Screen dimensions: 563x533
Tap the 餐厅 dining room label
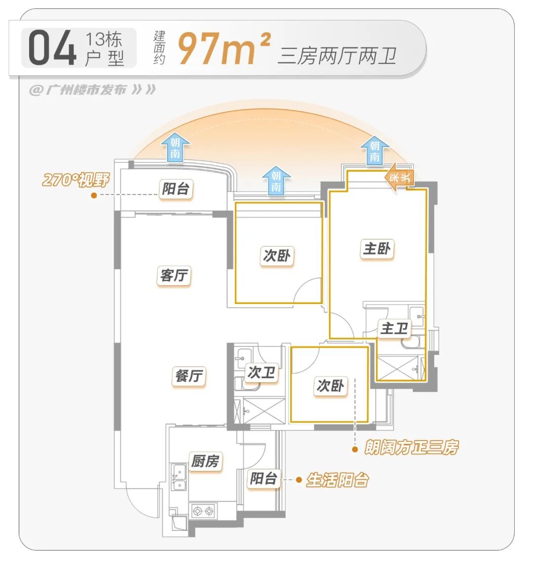click(189, 376)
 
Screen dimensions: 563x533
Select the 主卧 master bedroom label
click(377, 249)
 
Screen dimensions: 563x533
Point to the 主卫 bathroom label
click(394, 329)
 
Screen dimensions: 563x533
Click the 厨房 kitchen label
click(205, 461)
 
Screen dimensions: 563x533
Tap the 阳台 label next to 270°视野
click(176, 188)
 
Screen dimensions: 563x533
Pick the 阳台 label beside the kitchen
click(263, 479)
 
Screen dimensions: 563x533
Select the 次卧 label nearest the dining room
click(330, 386)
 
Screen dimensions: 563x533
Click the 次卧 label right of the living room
click(277, 256)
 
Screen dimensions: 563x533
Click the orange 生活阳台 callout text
click(338, 480)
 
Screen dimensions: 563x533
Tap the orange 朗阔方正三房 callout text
click(411, 448)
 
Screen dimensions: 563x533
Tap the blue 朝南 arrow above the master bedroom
click(375, 150)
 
